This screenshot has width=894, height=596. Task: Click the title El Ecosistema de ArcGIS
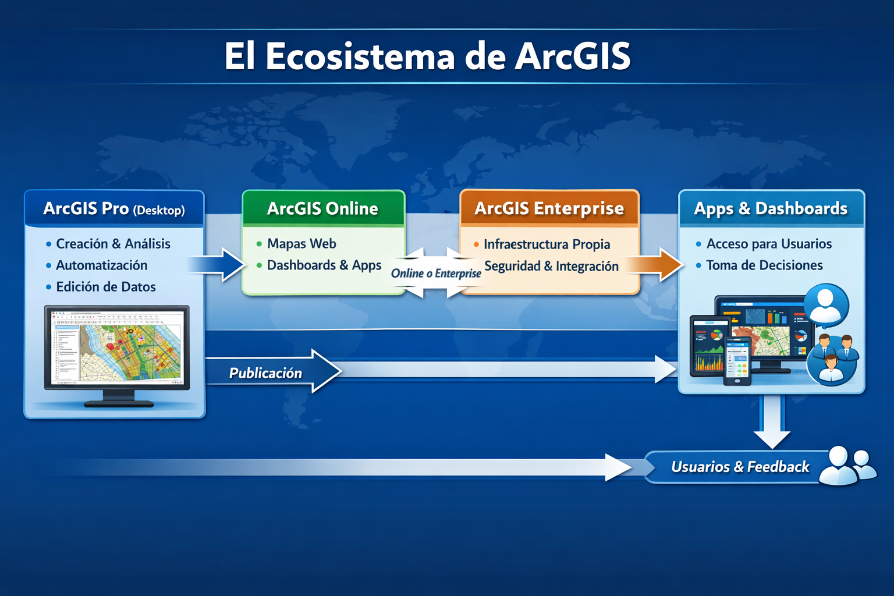pyautogui.click(x=428, y=56)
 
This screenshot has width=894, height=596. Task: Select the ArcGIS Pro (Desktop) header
pyautogui.click(x=114, y=208)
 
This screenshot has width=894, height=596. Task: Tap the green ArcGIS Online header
pyautogui.click(x=323, y=208)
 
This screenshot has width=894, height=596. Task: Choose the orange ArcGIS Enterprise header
pyautogui.click(x=549, y=208)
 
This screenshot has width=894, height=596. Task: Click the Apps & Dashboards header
pyautogui.click(x=771, y=208)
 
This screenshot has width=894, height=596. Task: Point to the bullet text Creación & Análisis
pyautogui.click(x=113, y=244)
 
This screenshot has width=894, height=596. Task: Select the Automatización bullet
pyautogui.click(x=102, y=265)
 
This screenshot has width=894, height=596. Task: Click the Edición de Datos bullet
pyautogui.click(x=106, y=287)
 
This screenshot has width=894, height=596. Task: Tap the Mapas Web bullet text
pyautogui.click(x=301, y=244)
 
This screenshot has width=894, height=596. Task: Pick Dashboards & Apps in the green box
pyautogui.click(x=324, y=265)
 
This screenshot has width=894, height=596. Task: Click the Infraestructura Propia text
pyautogui.click(x=547, y=244)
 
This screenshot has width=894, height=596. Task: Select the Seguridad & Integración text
pyautogui.click(x=551, y=266)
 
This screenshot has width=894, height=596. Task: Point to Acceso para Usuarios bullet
pyautogui.click(x=769, y=244)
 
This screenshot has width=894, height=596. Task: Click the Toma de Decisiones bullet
pyautogui.click(x=764, y=265)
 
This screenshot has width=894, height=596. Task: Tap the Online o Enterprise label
pyautogui.click(x=436, y=274)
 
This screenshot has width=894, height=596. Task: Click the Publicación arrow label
pyautogui.click(x=266, y=373)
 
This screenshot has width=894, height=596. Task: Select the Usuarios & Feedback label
pyautogui.click(x=740, y=467)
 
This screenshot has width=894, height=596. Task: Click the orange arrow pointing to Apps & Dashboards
pyautogui.click(x=657, y=265)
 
